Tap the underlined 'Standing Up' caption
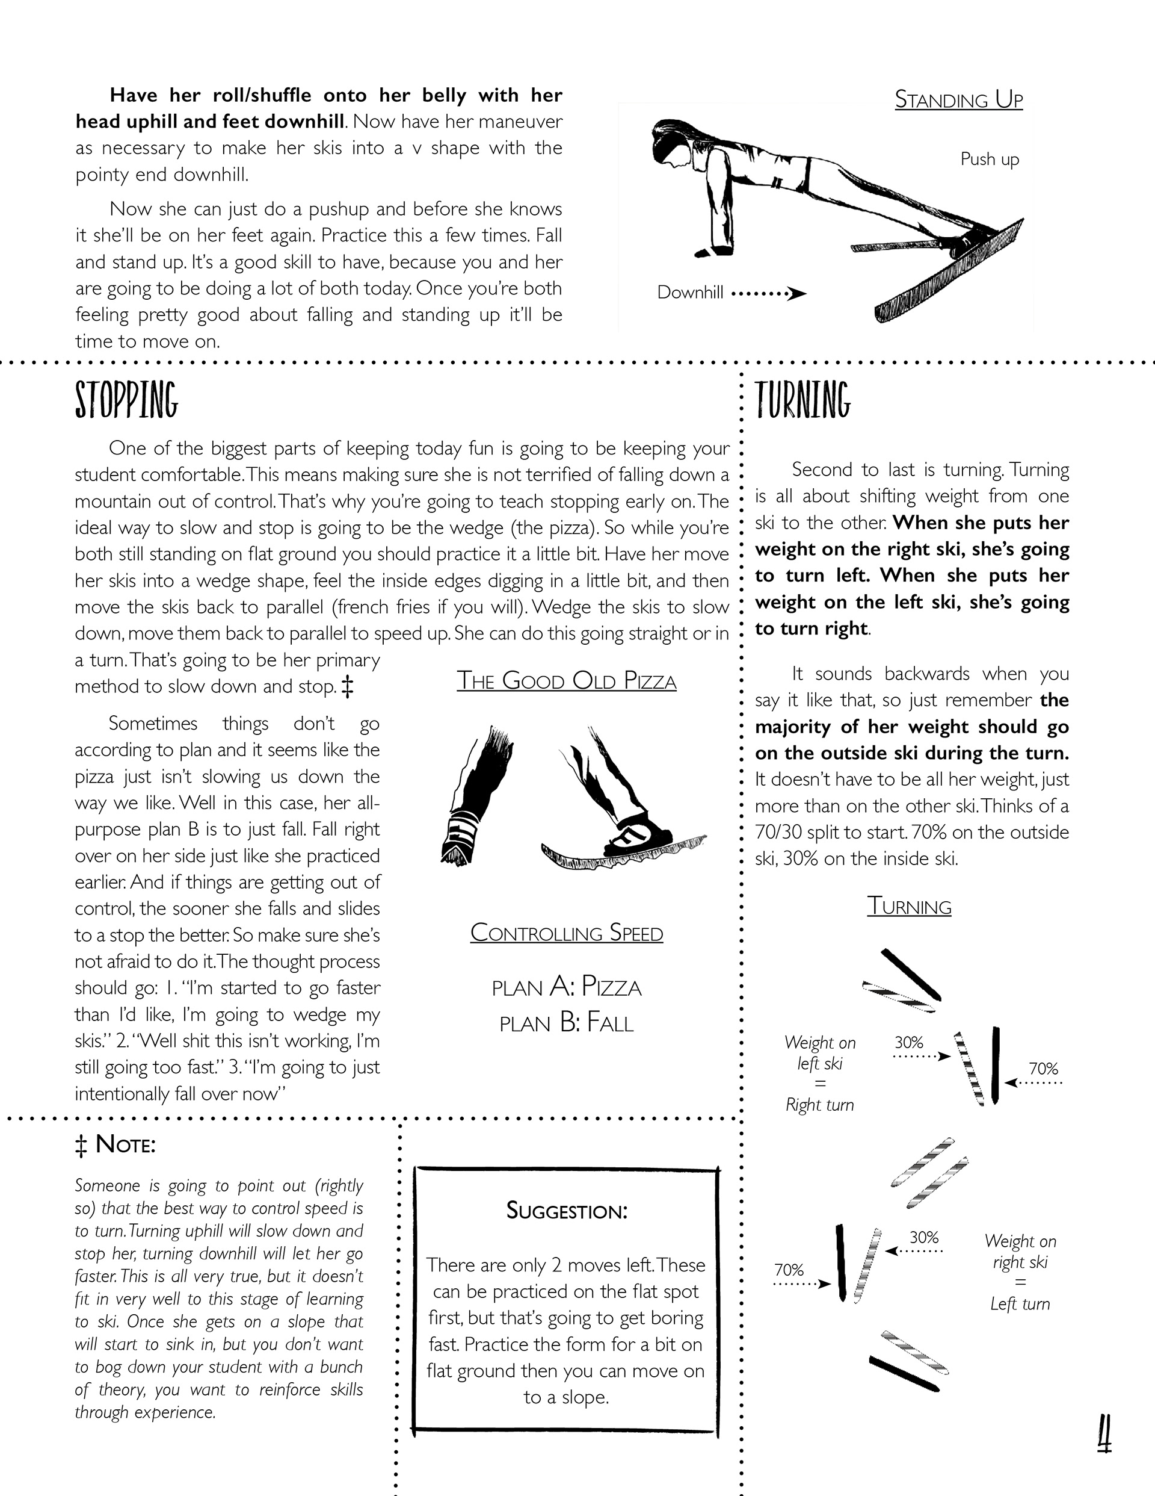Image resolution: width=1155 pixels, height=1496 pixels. pos(958,100)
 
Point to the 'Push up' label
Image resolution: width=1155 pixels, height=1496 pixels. pos(990,159)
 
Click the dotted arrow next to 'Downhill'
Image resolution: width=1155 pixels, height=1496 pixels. pos(768,294)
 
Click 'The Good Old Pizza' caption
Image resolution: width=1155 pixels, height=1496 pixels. pos(566,681)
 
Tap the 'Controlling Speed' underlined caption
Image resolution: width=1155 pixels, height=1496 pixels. pos(566,933)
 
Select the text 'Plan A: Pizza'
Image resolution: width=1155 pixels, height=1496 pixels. pos(566,987)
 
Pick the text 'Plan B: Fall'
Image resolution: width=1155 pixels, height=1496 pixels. pos(566,1023)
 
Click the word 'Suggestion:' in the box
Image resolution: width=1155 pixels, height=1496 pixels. pos(566,1211)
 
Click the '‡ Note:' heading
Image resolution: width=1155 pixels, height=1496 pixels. pos(115,1144)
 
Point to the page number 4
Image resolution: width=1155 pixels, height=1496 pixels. pos(1104,1435)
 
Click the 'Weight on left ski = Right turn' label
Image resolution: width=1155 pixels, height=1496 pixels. pos(819,1073)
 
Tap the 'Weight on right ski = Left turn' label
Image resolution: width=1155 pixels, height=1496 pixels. pos(1020,1272)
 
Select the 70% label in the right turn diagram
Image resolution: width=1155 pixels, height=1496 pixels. pos(1043,1069)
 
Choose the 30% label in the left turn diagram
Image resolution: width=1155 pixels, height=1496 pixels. pos(923,1237)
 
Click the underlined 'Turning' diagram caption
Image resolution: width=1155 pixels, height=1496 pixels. pos(909,906)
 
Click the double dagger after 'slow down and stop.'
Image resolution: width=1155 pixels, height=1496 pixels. pos(347,686)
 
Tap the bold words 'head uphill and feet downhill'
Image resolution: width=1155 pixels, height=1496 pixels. pos(209,122)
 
